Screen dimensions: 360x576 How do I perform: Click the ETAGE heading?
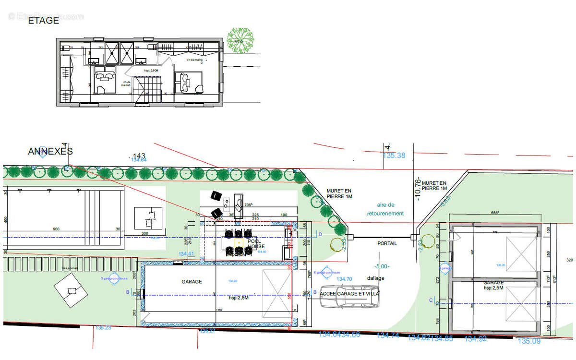tap(44, 21)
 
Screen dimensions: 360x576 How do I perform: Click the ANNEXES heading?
tap(50, 151)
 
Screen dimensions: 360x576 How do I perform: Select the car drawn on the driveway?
tap(349, 298)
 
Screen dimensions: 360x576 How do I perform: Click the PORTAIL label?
tap(387, 243)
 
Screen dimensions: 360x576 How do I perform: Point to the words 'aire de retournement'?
tap(385, 209)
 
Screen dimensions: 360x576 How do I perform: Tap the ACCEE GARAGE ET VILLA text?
tap(349, 293)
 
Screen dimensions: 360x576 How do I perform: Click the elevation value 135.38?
tap(394, 156)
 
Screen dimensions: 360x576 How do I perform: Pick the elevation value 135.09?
tap(528, 341)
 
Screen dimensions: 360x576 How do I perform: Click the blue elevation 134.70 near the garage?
tap(344, 279)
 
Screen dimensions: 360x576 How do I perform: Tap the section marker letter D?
tap(320, 234)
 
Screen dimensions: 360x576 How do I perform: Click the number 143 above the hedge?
tap(139, 156)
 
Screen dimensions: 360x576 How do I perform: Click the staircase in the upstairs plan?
tap(144, 92)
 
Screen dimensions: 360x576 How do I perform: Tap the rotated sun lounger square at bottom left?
tap(72, 290)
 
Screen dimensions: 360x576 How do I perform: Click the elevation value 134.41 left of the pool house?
tap(186, 254)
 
